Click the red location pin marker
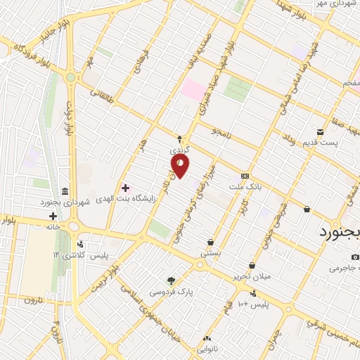[x=181, y=166]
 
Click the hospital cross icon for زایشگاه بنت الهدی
[x=126, y=188]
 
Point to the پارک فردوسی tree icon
[x=171, y=280]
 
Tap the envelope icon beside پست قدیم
[x=321, y=132]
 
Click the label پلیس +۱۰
[x=252, y=303]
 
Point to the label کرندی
[x=179, y=150]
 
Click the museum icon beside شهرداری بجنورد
[x=65, y=192]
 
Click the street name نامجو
[x=219, y=132]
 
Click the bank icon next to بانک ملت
[x=245, y=176]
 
